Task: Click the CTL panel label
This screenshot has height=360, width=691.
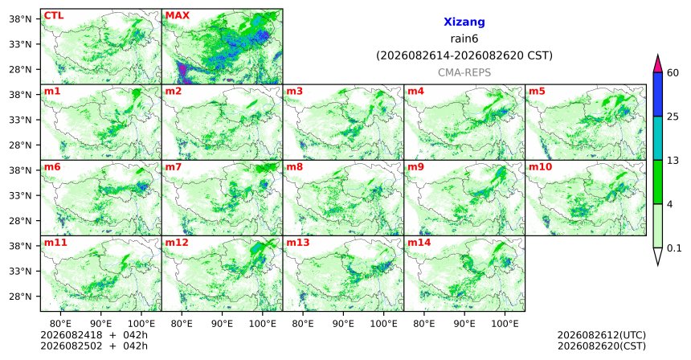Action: tap(54, 15)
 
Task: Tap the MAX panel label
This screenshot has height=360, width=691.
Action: tap(177, 15)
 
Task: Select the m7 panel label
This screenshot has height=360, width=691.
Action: tap(173, 167)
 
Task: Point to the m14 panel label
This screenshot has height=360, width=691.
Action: tap(419, 243)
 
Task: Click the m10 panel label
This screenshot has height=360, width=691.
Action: tap(540, 167)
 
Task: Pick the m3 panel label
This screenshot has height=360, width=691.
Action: tap(294, 92)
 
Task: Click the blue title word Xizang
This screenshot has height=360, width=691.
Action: tap(464, 22)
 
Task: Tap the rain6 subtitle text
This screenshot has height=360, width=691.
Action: tap(464, 39)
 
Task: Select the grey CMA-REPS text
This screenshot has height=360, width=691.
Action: tap(464, 72)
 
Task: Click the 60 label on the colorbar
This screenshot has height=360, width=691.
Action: tap(673, 72)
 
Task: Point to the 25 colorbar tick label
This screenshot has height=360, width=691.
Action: tap(673, 117)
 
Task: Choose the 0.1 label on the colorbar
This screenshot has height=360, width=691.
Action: tap(674, 248)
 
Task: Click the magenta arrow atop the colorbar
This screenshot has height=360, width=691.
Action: tap(658, 64)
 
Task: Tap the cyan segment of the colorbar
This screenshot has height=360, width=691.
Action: tap(658, 138)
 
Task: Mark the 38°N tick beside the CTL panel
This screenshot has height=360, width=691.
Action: tap(21, 19)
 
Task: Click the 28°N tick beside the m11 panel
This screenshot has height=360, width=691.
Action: tap(21, 296)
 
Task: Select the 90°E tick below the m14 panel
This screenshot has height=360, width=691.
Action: tap(464, 325)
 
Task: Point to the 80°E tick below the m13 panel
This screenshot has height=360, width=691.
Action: tap(303, 325)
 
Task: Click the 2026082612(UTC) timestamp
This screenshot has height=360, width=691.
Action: tap(602, 336)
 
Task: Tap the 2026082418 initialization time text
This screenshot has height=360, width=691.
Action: tap(71, 336)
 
